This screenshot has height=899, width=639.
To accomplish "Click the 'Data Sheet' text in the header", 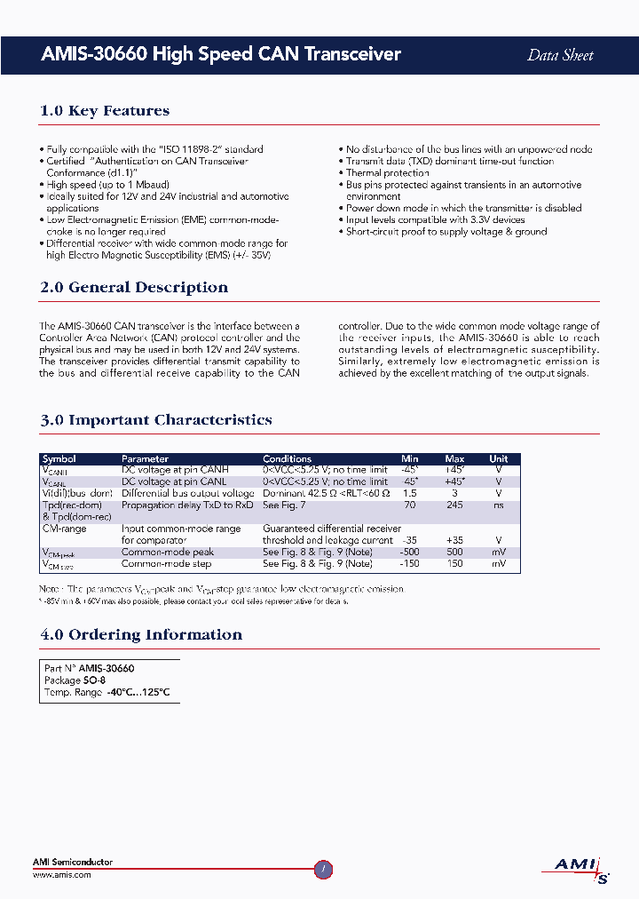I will pos(560,55).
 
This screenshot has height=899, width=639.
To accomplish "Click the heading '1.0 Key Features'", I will pos(105,111).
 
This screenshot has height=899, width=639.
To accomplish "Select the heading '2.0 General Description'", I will pos(134,288).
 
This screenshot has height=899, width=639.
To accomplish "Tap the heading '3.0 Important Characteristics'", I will pos(156,420).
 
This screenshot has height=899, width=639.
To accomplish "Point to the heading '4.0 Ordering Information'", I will pos(141,635).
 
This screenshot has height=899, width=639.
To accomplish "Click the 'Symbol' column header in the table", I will pos(59,459).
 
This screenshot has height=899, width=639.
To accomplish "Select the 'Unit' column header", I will pos(499,459).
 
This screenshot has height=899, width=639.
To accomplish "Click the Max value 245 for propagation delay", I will pos(454,505).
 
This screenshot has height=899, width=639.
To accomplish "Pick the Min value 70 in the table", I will pos(409,505).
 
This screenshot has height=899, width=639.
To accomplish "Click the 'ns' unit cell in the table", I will pos(499,505).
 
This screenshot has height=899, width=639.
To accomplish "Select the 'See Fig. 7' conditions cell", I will pos(284,505).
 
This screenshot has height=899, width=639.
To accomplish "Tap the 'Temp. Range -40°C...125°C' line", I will pos(106,692).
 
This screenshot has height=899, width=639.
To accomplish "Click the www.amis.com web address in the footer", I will pos(62,875).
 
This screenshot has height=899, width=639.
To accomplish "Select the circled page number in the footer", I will pos(323,871).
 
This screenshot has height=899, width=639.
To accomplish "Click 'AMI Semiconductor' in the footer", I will pos(73,863).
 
